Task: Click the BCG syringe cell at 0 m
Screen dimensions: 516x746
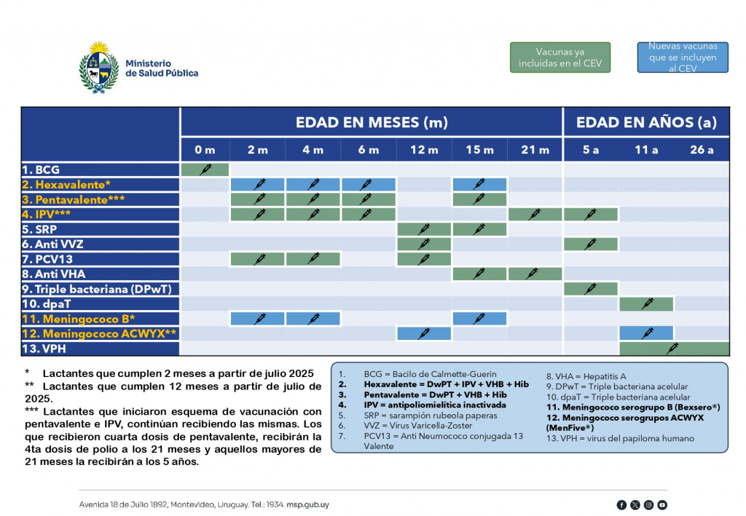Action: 205,170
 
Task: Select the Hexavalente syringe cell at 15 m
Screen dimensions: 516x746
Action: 479,184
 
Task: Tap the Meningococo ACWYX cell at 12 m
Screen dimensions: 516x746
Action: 424,333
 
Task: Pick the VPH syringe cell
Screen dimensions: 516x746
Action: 674,349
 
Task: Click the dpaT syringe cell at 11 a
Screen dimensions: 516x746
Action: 646,303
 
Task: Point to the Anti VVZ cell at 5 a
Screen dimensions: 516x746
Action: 590,244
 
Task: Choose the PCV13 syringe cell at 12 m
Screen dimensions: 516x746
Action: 424,258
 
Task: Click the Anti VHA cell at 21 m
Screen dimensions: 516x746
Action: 535,274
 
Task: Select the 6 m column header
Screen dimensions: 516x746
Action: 369,150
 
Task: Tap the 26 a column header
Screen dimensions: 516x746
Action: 702,150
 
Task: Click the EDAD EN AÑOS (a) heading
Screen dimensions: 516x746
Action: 646,122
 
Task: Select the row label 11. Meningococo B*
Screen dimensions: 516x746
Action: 78,319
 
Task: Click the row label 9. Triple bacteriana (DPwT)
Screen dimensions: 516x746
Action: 97,288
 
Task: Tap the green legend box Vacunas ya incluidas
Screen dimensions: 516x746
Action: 560,57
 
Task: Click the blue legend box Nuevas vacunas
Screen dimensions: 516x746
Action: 683,57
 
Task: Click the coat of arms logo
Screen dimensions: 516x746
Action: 98,68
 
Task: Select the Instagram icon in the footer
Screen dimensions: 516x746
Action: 648,504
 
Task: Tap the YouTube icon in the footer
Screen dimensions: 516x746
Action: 661,504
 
